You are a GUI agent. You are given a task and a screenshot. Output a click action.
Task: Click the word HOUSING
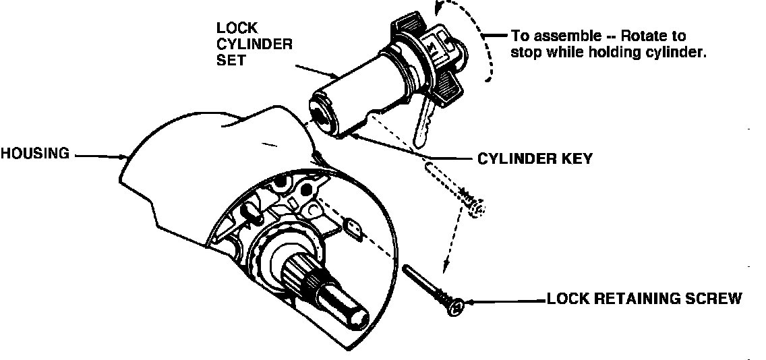[34, 154]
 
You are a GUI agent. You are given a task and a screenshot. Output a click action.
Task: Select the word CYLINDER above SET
[254, 44]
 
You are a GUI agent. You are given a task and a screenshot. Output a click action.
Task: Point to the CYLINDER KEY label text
[535, 159]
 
